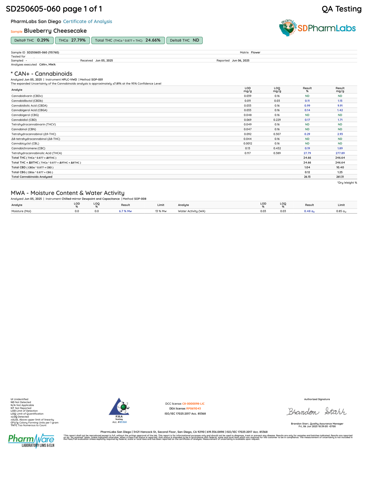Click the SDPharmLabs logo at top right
(x=318, y=28)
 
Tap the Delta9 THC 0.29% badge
(x=32, y=41)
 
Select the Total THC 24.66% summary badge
(x=128, y=41)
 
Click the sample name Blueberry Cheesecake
(x=55, y=31)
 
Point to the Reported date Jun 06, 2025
(x=240, y=61)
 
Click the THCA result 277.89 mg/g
(x=340, y=153)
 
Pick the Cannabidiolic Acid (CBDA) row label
(x=29, y=106)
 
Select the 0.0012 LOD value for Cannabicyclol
(x=248, y=144)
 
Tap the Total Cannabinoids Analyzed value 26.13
(x=307, y=177)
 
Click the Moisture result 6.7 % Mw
(x=125, y=211)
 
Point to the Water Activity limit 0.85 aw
(x=341, y=211)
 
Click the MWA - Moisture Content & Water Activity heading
(x=67, y=193)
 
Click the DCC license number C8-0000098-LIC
(x=193, y=404)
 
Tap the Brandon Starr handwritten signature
(x=317, y=411)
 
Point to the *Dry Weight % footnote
(x=347, y=183)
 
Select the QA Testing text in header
(x=341, y=9)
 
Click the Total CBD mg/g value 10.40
(x=340, y=168)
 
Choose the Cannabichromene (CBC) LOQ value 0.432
(x=277, y=149)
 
